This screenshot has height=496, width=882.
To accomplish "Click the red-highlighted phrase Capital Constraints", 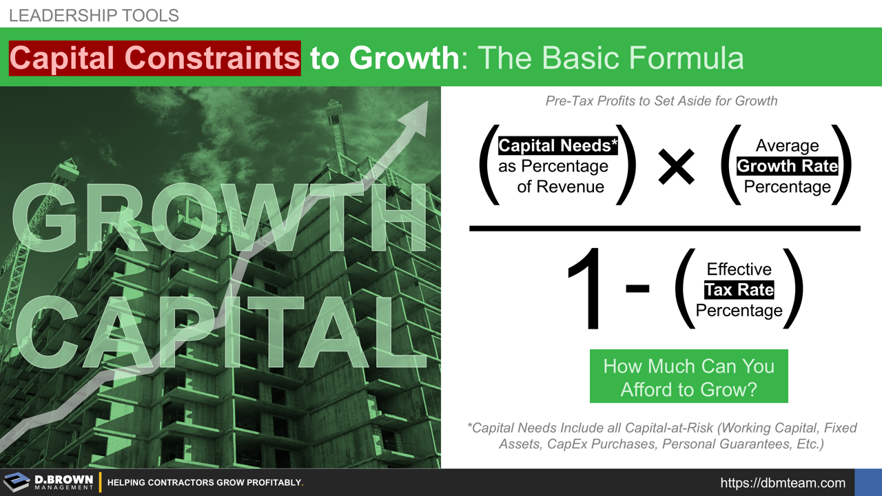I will click(155, 58).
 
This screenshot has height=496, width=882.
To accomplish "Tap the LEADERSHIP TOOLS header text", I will click(94, 15).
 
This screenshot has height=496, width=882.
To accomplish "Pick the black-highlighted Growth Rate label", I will click(787, 166).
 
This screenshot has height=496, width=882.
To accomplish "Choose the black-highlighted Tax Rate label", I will click(739, 290).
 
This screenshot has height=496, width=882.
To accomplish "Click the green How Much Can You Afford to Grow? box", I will click(688, 377).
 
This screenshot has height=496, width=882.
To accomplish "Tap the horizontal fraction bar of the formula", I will click(664, 228).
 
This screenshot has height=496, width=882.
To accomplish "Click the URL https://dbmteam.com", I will click(783, 483).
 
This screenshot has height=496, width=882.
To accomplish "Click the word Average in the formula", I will click(787, 146).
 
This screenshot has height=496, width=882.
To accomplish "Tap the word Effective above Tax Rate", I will click(739, 269).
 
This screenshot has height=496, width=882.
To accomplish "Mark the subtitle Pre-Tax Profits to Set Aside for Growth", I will click(661, 101).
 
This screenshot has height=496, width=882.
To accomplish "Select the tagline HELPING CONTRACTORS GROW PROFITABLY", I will click(205, 483).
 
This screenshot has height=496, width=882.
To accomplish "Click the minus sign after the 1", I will click(637, 289).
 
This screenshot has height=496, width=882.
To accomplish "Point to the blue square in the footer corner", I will click(868, 482).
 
